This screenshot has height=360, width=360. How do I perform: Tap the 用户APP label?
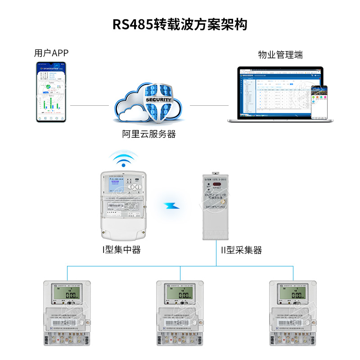click(51, 53)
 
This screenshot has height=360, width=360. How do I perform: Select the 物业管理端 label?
click(280, 55)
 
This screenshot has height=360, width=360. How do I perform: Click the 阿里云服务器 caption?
click(149, 134)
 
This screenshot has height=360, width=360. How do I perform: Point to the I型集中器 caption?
click(121, 249)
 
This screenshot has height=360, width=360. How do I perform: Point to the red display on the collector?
click(218, 184)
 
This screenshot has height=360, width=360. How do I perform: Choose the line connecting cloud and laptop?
click(208, 106)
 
